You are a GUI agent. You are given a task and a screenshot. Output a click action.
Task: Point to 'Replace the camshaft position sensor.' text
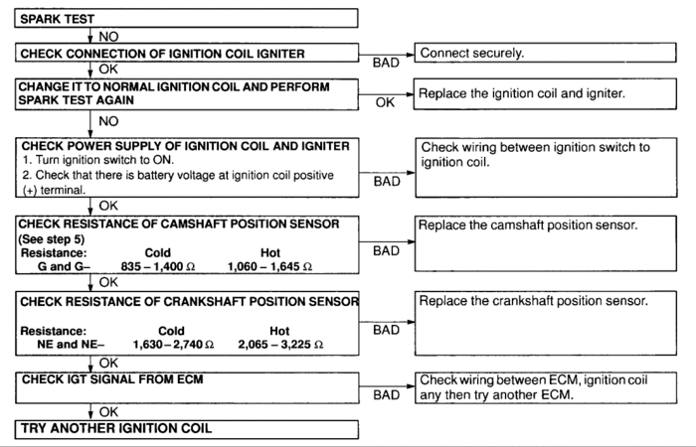tap(529, 226)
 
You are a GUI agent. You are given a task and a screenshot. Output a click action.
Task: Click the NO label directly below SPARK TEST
tap(106, 34)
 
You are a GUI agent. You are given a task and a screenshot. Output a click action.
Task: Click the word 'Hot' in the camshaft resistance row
tap(269, 253)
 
